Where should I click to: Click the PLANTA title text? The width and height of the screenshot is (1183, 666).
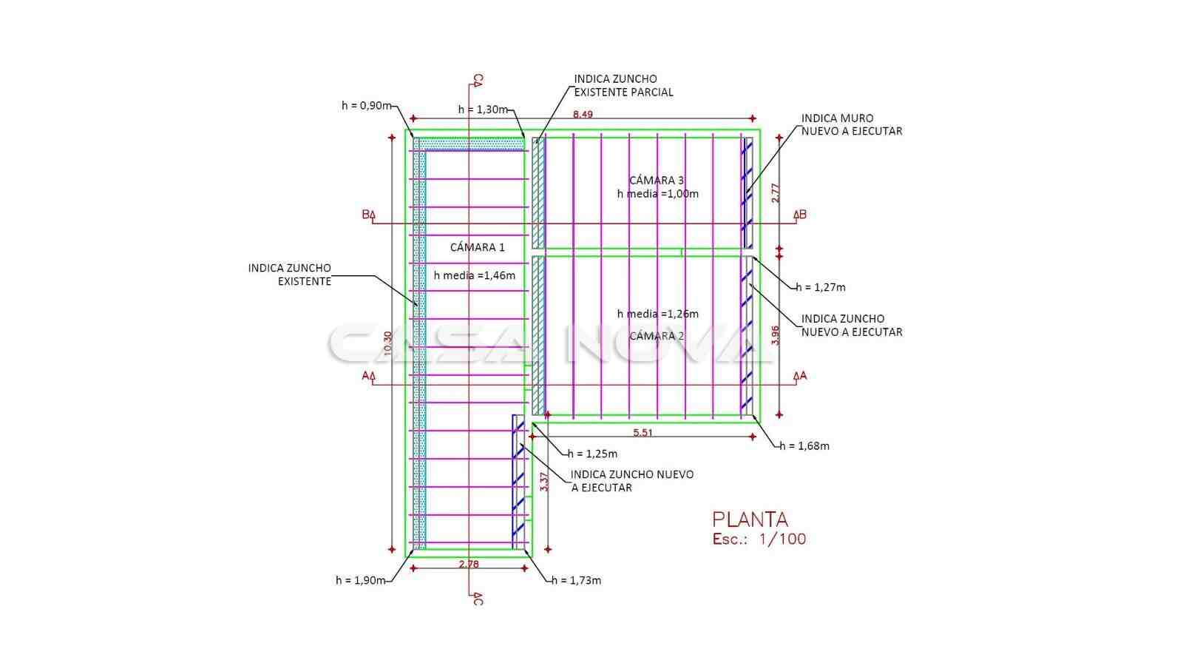coord(750,519)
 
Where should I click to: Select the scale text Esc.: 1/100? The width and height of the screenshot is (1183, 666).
coord(759,539)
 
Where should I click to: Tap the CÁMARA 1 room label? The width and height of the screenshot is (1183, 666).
coord(477,247)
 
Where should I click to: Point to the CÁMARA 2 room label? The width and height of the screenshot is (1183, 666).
coord(657,336)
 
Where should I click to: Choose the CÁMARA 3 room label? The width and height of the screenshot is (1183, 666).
coord(657,180)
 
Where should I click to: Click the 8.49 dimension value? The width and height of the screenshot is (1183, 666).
coord(583,114)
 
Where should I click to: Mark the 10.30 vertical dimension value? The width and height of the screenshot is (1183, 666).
coord(388,345)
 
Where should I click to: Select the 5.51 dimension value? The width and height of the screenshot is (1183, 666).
coord(643,432)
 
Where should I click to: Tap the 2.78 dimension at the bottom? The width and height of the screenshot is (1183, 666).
coord(469,564)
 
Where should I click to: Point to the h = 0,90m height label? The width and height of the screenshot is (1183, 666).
coord(366,105)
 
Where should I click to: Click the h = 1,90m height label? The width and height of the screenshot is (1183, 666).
coord(360,580)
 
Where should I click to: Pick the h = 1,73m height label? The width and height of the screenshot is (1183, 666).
coord(576,580)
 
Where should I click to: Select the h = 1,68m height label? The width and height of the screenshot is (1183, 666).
coord(804,445)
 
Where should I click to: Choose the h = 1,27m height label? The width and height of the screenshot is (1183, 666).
coord(821,287)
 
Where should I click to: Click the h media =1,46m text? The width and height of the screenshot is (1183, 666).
coord(474,275)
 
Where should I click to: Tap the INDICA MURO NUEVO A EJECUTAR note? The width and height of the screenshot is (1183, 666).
coord(852,124)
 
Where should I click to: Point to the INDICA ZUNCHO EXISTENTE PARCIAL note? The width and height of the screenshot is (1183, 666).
coord(623,85)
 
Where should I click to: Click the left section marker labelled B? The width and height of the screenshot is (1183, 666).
coord(368,215)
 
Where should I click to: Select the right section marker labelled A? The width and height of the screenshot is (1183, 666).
coord(800,376)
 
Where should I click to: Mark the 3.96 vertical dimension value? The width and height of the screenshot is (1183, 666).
coord(775,335)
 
